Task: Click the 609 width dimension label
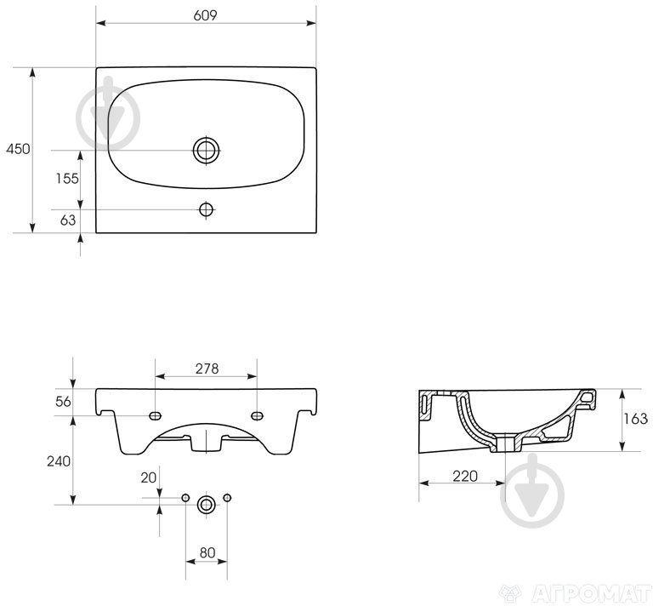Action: [x=205, y=15]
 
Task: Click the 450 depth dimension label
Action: [x=18, y=149]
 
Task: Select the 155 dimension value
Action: [x=67, y=179]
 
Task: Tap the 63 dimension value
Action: [x=68, y=220]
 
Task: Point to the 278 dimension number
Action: [x=207, y=369]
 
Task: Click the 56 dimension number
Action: [x=63, y=402]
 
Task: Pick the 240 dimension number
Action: [x=59, y=461]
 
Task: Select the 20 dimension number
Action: [x=148, y=477]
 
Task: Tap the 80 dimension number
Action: [x=207, y=552]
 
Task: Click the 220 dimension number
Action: [x=465, y=476]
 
